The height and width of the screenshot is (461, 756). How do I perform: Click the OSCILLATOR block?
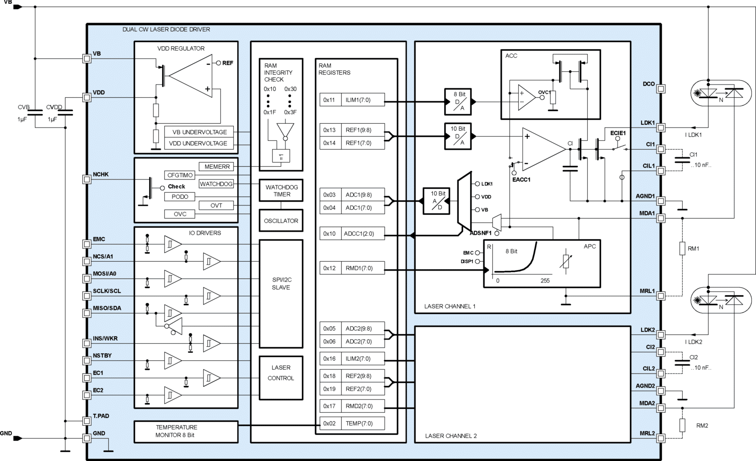coord(281,221)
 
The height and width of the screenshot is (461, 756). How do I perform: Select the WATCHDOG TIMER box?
coord(281,191)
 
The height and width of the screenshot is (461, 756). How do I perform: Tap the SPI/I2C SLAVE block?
coord(281,294)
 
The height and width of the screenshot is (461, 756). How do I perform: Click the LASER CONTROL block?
coord(281,378)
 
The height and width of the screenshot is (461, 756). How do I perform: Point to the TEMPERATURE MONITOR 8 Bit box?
coord(186,432)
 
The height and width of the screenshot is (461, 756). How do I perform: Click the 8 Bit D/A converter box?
coord(458,102)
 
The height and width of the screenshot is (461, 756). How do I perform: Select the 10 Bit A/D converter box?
coord(436,201)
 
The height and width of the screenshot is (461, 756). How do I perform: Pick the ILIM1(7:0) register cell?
coord(363,100)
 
